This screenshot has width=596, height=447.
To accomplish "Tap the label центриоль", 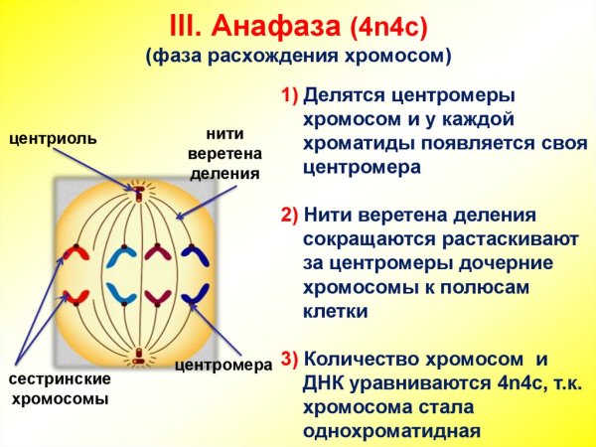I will pyautogui.click(x=53, y=138).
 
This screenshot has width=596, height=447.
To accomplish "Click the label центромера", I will pyautogui.click(x=223, y=365).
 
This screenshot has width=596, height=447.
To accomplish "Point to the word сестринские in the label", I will pyautogui.click(x=60, y=379).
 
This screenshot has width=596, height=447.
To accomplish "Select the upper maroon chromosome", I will pyautogui.click(x=154, y=256).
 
